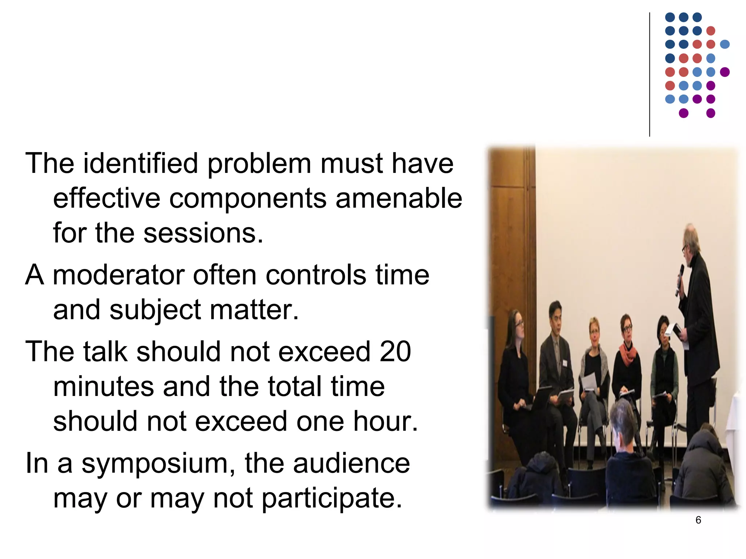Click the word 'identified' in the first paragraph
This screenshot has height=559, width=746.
(x=141, y=163)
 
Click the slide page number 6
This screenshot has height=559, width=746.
(x=698, y=520)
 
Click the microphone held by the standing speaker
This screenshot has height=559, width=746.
(x=680, y=278)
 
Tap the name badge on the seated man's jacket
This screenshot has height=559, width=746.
(x=565, y=363)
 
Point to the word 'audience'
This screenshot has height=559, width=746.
(x=352, y=464)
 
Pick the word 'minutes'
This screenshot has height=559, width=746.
(x=103, y=386)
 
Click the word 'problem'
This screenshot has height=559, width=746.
(x=259, y=163)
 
